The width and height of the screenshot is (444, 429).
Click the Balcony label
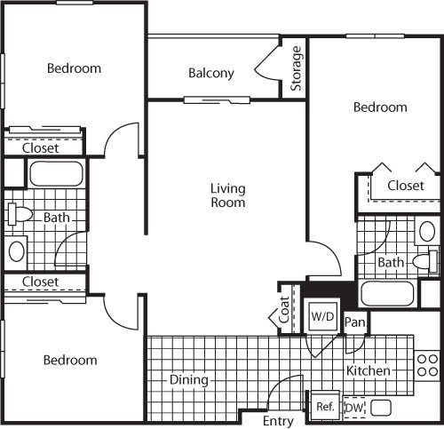click(x=211, y=73)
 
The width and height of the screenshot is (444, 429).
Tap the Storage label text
click(x=296, y=68)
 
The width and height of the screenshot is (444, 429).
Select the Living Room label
click(x=228, y=195)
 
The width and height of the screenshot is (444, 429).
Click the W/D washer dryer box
click(x=322, y=316)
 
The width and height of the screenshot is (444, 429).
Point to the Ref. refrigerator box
click(x=325, y=407)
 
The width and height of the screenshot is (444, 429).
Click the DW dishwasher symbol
click(x=354, y=408)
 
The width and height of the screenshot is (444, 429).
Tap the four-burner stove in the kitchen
click(x=427, y=365)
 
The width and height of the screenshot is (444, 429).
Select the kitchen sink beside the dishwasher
click(x=381, y=408)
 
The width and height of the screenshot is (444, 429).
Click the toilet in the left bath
click(x=20, y=214)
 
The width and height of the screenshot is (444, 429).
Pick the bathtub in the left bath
click(x=56, y=173)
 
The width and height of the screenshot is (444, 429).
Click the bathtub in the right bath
click(x=387, y=293)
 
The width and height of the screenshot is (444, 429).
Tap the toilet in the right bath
click(x=425, y=261)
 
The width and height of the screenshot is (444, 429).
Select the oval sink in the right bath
click(x=427, y=231)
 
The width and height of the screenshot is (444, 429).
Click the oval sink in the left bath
click(x=17, y=251)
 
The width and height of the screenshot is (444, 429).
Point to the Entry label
click(x=278, y=421)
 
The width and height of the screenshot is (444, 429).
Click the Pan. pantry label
click(x=355, y=322)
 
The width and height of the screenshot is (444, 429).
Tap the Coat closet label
click(x=284, y=310)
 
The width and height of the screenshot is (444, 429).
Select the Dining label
click(x=189, y=380)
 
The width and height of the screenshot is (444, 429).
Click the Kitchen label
click(x=369, y=370)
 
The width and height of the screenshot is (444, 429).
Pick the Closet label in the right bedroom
click(x=406, y=186)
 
